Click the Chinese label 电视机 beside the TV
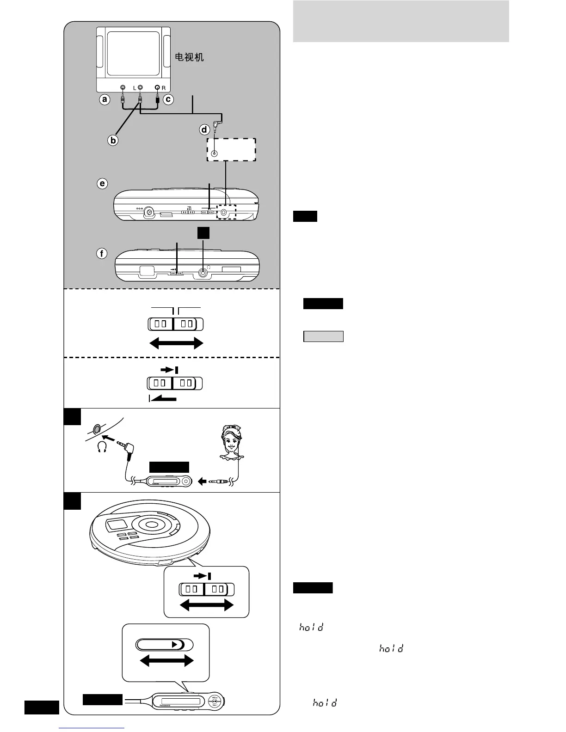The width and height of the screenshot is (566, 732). pyautogui.click(x=189, y=57)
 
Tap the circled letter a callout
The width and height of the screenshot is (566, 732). pyautogui.click(x=105, y=99)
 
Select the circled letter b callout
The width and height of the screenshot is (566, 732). pyautogui.click(x=112, y=140)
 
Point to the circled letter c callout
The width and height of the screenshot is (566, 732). pyautogui.click(x=168, y=99)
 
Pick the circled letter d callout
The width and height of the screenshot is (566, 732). pyautogui.click(x=204, y=130)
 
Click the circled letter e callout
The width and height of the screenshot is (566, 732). pyautogui.click(x=102, y=183)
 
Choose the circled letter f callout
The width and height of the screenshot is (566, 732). pyautogui.click(x=102, y=253)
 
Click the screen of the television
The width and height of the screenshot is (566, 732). pyautogui.click(x=133, y=53)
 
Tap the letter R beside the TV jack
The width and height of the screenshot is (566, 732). pyautogui.click(x=164, y=88)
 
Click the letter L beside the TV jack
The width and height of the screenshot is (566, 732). pyautogui.click(x=134, y=88)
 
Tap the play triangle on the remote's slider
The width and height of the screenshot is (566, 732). pyautogui.click(x=175, y=645)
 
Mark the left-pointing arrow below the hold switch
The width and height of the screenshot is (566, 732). pyautogui.click(x=163, y=398)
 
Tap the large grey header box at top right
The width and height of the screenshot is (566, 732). pyautogui.click(x=401, y=21)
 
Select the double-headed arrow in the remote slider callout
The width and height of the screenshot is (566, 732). pyautogui.click(x=166, y=661)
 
